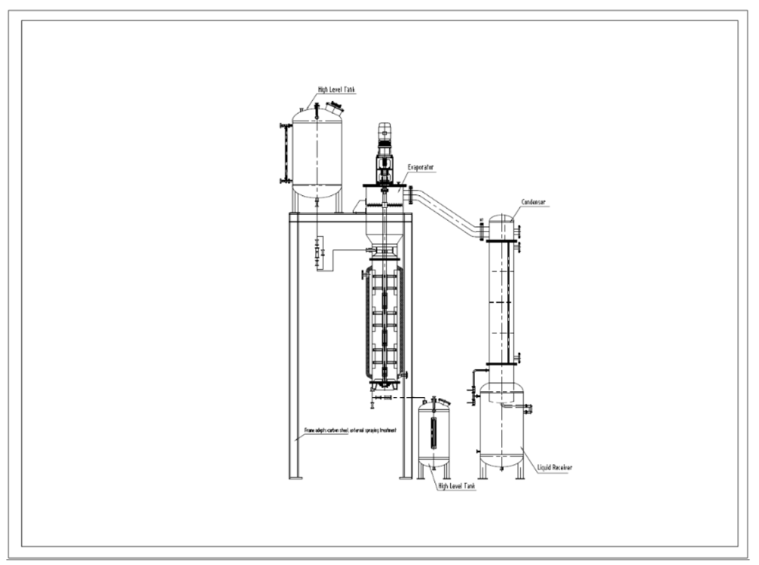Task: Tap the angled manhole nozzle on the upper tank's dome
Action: point(333,108)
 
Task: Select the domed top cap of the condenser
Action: point(500,221)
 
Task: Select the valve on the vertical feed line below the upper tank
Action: point(317,251)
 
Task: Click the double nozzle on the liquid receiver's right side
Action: point(526,410)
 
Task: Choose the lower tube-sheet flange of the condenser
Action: point(501,364)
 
